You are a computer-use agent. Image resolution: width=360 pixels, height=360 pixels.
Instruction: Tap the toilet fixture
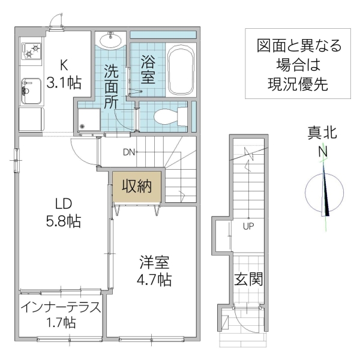tap(165, 116)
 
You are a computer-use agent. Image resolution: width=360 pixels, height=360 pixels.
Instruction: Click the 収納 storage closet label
tap(137, 186)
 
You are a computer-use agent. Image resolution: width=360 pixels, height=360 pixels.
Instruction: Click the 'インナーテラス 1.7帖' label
tap(59, 314)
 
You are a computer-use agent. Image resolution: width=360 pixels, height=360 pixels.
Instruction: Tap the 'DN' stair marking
tap(129, 152)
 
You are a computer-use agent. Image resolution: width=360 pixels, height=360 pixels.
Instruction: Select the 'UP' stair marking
tap(247, 226)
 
